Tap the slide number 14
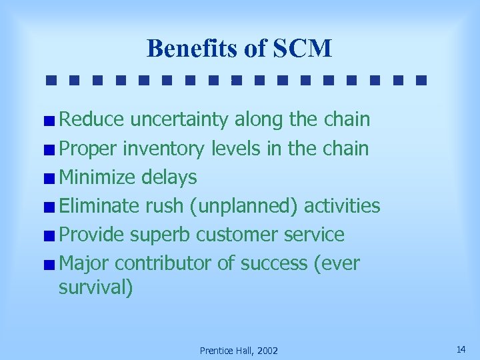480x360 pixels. click(461, 349)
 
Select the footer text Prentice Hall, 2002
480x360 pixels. click(239, 351)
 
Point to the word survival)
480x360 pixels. click(96, 288)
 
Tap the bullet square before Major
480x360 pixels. click(51, 265)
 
